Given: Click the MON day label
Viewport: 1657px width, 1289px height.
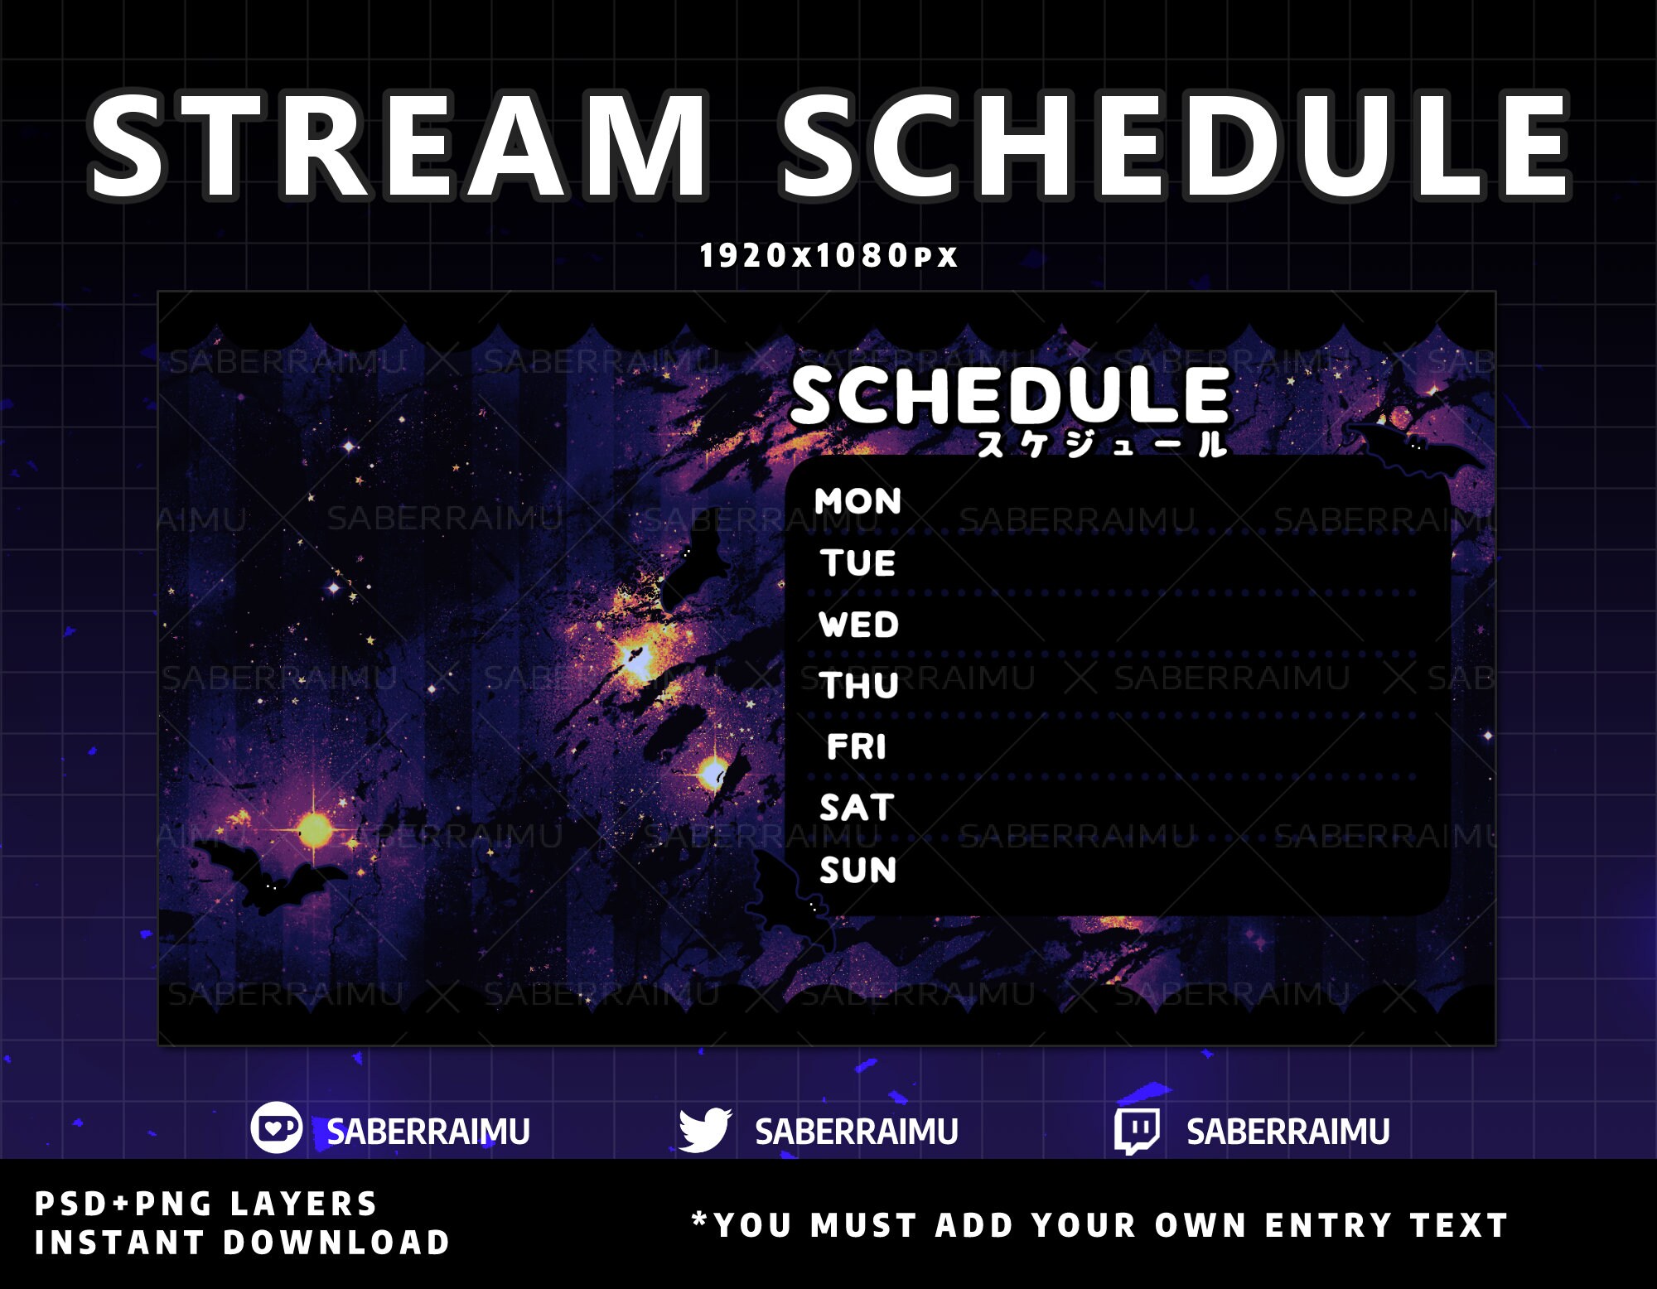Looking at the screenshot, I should [857, 501].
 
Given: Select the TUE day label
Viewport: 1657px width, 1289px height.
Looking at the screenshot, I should [858, 563].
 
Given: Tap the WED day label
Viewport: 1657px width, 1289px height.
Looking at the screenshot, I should [858, 625].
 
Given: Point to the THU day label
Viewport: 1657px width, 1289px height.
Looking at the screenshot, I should [859, 685].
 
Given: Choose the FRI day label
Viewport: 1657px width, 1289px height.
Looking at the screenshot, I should [857, 746].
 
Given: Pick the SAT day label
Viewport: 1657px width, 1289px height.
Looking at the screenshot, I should [857, 808].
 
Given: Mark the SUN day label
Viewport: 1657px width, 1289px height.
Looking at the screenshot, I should [858, 870].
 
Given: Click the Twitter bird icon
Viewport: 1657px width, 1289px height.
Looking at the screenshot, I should [704, 1129].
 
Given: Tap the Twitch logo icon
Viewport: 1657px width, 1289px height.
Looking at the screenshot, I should [1137, 1131].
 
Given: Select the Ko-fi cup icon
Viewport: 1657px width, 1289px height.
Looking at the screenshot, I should [276, 1127].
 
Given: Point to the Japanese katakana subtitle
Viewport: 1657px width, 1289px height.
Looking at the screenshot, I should [1102, 446].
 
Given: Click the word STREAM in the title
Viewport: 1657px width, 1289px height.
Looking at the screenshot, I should [398, 147].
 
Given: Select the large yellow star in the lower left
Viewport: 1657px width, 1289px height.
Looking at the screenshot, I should [315, 828].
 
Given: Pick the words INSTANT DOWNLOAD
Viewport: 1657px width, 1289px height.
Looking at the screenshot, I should [242, 1242].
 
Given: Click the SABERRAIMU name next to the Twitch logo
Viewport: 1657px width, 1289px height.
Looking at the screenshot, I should [1287, 1132].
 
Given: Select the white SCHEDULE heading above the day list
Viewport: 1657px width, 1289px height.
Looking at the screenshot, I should [1009, 395].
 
